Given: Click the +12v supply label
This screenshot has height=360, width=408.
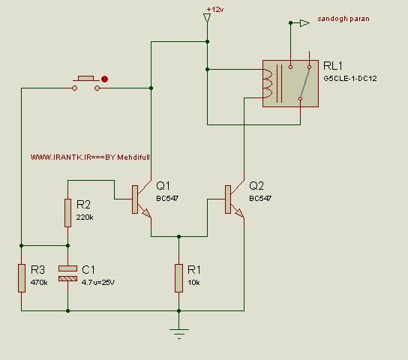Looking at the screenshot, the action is [215, 9].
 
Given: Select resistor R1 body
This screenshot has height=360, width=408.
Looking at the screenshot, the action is [178, 278].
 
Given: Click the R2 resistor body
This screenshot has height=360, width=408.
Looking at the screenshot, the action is [67, 213].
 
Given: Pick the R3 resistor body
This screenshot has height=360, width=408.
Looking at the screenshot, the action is [22, 278].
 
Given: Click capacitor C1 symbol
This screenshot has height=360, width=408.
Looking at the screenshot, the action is [67, 274].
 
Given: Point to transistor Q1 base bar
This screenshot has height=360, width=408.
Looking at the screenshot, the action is [135, 199].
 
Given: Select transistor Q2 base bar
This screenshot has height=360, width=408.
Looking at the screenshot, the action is [228, 199].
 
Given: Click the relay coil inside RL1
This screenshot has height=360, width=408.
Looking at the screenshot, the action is [268, 83].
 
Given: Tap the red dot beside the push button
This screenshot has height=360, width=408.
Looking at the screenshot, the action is [104, 79].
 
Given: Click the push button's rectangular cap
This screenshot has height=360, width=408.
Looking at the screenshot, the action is [85, 78].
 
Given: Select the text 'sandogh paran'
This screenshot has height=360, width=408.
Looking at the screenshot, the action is [343, 19].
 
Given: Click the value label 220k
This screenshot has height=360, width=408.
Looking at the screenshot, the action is [85, 217].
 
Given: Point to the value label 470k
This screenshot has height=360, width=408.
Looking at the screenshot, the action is [39, 282].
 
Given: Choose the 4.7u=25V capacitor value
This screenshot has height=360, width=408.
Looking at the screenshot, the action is [98, 282].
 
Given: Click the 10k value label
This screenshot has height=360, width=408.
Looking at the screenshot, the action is [193, 283].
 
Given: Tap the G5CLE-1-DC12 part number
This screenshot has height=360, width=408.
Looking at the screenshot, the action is [350, 78].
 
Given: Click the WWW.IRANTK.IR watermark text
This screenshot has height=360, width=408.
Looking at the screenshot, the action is [90, 157].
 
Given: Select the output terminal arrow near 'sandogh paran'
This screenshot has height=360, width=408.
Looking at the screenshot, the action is [304, 23].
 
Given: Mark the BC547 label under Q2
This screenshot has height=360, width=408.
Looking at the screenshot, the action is [260, 199].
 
